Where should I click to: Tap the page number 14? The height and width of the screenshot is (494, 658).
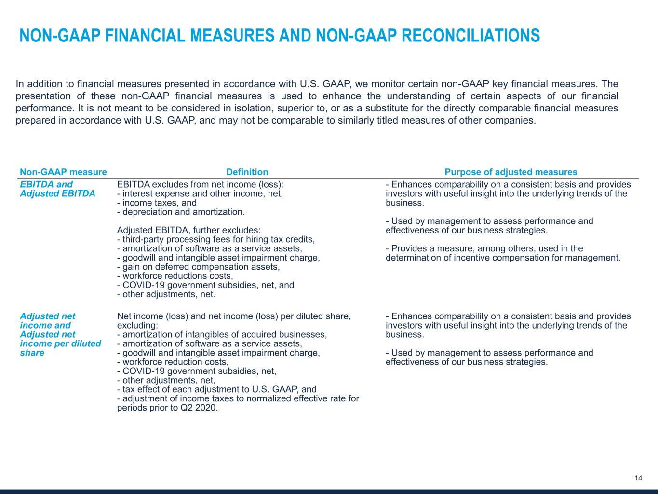[638, 478]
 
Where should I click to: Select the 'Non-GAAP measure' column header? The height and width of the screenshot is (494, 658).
[63, 172]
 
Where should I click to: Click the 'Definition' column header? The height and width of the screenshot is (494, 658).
[247, 172]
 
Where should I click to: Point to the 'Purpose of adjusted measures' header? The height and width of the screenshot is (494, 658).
[510, 172]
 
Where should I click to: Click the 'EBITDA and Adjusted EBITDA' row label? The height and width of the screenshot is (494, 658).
[57, 189]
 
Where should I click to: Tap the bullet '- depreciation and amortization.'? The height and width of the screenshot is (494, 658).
[181, 212]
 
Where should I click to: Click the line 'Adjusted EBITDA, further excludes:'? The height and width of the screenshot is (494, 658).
[188, 230]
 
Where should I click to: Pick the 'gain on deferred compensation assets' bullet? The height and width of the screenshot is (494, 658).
[198, 267]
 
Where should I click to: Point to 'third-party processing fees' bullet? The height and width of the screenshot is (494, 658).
[216, 239]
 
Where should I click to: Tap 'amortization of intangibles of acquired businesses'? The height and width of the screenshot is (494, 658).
[222, 334]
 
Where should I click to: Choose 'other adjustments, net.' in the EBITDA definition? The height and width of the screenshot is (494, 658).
[166, 294]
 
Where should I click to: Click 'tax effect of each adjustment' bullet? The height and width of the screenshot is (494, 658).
[216, 389]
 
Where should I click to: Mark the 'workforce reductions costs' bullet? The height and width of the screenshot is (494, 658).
[175, 276]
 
